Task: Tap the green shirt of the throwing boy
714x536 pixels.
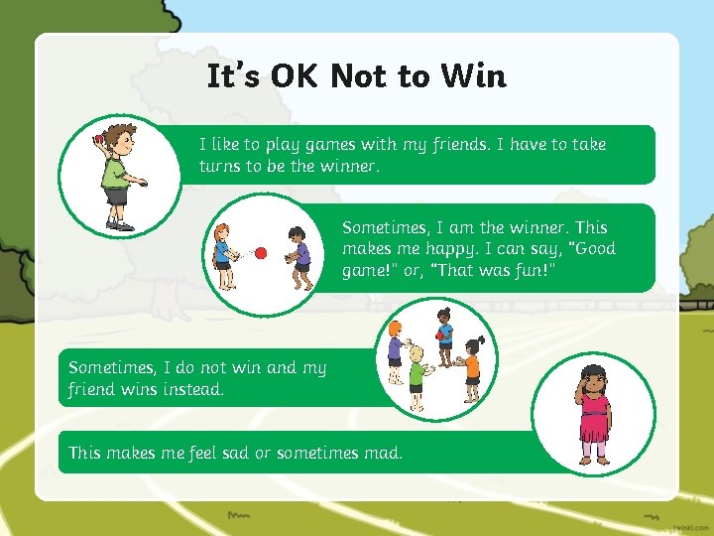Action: click(114, 170)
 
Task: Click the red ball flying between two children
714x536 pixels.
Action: click(261, 253)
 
